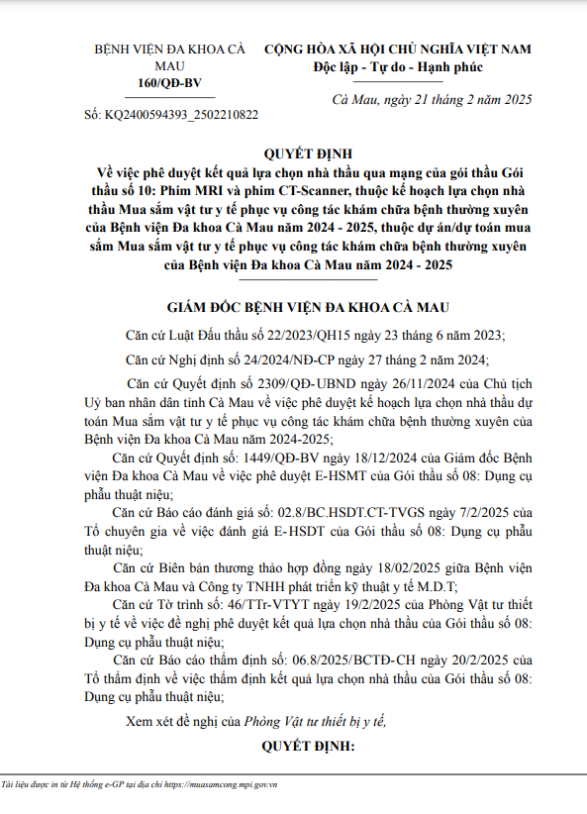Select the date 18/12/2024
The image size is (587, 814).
pos(359,458)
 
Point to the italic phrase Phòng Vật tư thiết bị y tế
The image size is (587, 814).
pos(317,720)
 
